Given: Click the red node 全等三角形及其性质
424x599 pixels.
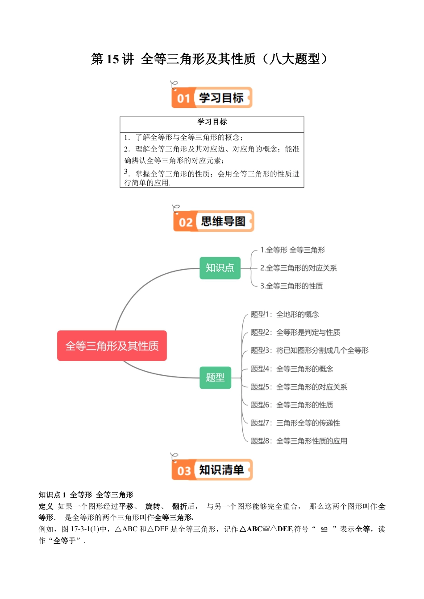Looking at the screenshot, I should click(x=112, y=346).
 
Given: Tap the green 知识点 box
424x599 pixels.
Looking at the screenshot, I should click(x=220, y=268).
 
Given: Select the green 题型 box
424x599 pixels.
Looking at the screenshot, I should click(x=215, y=377).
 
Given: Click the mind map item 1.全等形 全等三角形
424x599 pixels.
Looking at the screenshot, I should click(x=292, y=250).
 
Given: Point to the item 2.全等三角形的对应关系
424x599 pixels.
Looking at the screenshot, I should click(x=298, y=268).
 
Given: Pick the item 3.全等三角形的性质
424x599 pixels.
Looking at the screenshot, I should click(x=291, y=286).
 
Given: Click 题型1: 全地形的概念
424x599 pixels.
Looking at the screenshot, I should click(x=285, y=314).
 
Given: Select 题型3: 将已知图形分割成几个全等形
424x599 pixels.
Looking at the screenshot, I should click(x=309, y=350).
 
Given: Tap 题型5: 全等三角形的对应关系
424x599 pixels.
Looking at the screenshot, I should click(x=299, y=387).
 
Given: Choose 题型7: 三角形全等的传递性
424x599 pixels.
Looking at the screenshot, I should click(x=295, y=423).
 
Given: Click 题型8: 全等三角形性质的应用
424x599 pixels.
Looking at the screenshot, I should click(x=299, y=441).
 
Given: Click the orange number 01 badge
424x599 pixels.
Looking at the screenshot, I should click(x=183, y=98).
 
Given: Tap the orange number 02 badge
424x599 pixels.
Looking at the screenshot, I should click(x=185, y=222).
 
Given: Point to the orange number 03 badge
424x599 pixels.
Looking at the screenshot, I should click(x=184, y=471).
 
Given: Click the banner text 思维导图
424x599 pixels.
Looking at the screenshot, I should click(x=223, y=222).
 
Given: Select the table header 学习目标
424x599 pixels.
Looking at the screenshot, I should click(x=212, y=122).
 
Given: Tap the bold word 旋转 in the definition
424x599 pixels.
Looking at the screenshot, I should click(x=153, y=506).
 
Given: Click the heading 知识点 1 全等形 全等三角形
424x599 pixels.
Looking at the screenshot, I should click(x=86, y=495).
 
